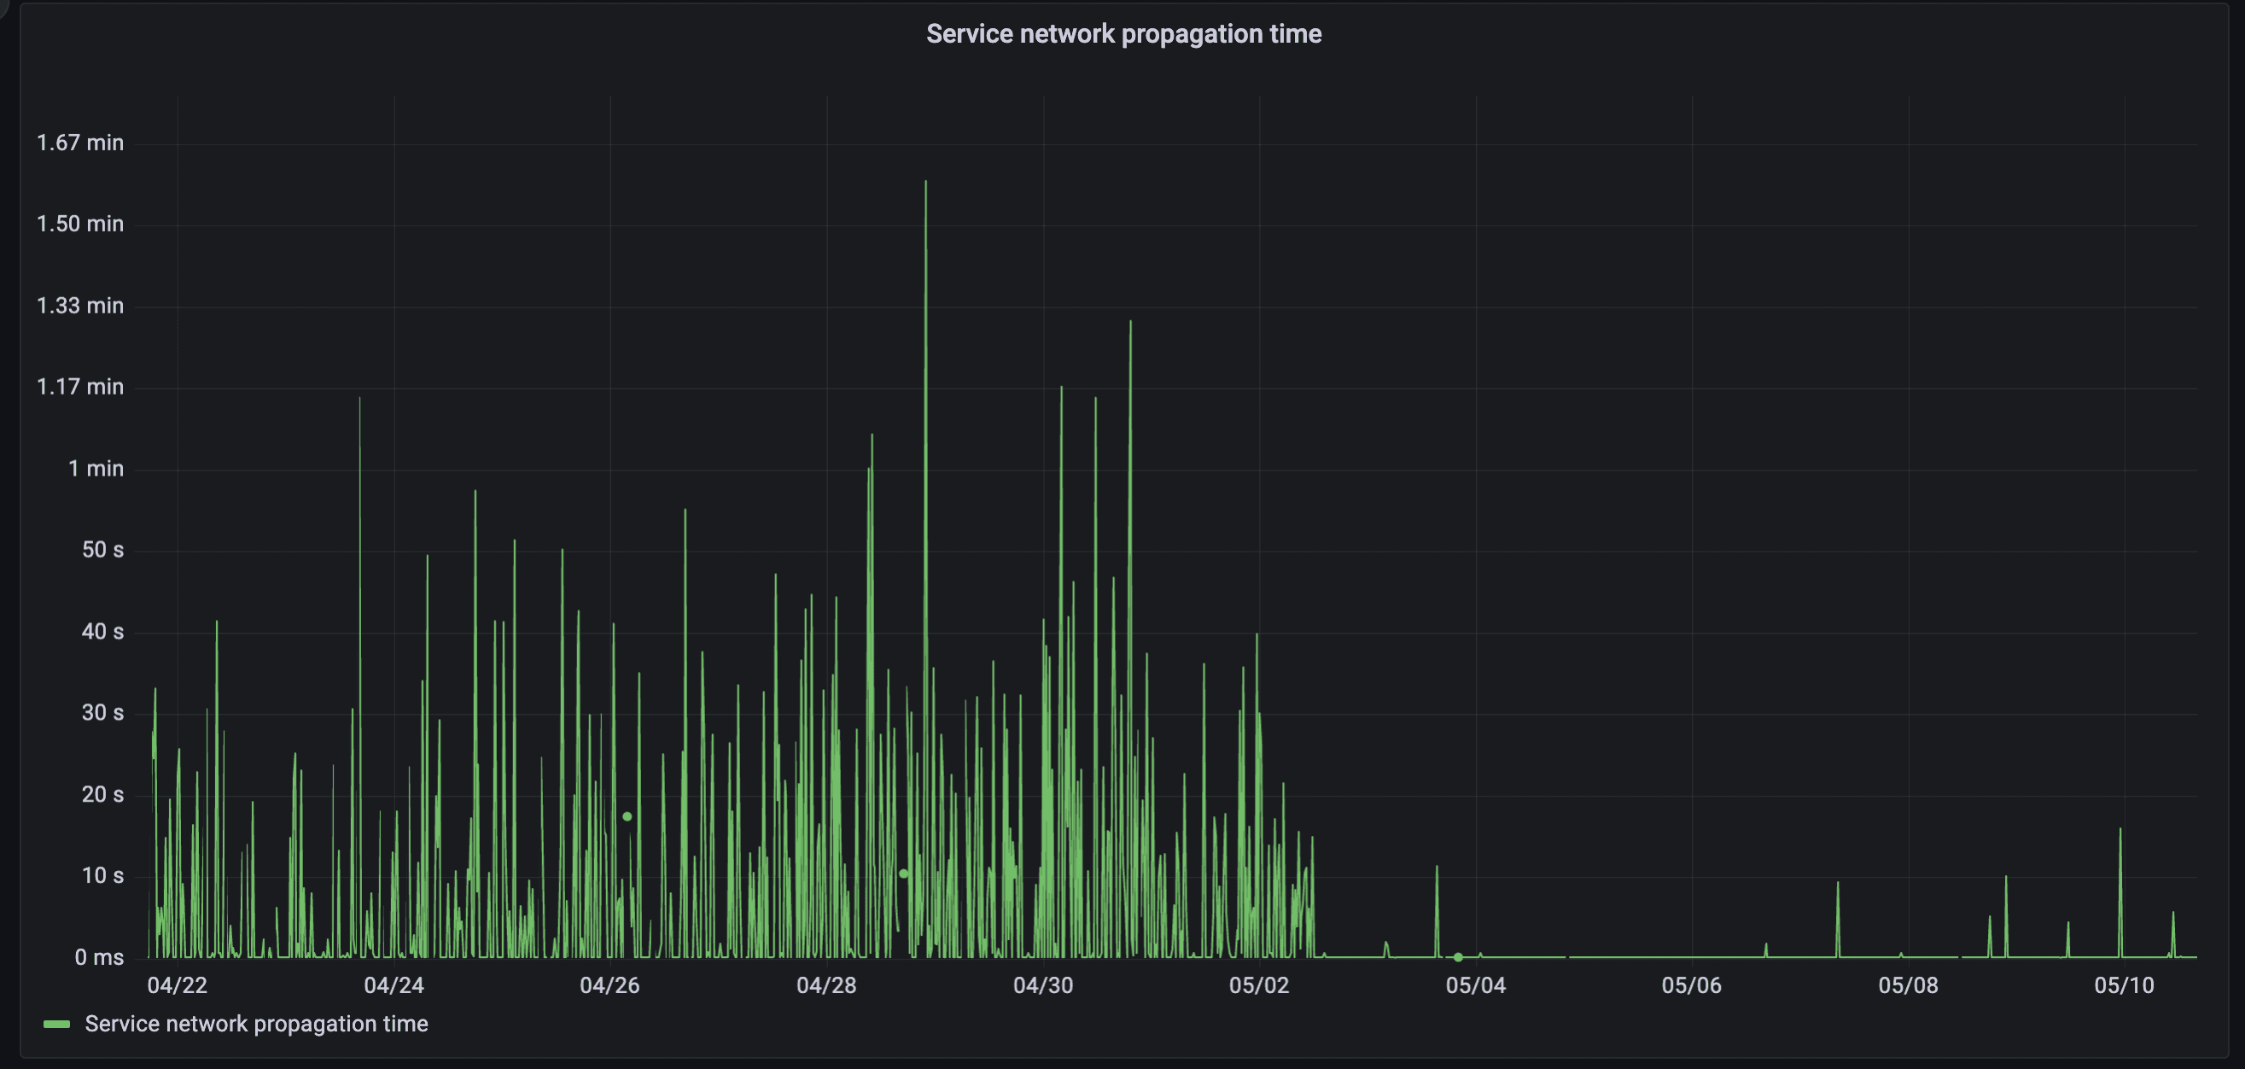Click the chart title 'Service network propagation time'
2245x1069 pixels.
click(x=1123, y=34)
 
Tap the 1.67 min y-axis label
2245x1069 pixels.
click(x=80, y=143)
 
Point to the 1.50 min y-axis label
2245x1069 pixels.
click(x=80, y=224)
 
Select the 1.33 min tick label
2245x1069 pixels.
click(x=80, y=306)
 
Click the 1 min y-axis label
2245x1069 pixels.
click(x=96, y=469)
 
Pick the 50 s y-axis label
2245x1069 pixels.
click(x=102, y=550)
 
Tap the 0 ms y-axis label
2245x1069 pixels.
click(x=99, y=957)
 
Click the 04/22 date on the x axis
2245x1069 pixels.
click(x=177, y=985)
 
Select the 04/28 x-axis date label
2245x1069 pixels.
click(x=826, y=985)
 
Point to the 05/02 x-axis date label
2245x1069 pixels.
click(x=1258, y=985)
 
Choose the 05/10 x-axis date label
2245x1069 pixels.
click(x=2124, y=985)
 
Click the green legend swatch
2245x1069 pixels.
click(x=56, y=1024)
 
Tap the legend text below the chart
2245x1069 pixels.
click(x=256, y=1024)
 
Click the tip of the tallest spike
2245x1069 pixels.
click(x=925, y=181)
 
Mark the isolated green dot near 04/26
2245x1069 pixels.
click(x=627, y=816)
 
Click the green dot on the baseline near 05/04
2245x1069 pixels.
click(x=1458, y=956)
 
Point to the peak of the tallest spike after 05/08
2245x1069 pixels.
click(x=2120, y=828)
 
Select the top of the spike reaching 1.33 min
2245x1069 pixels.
click(x=1130, y=322)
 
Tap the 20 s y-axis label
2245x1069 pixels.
click(x=102, y=794)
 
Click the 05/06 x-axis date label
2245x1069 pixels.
click(x=1692, y=985)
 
